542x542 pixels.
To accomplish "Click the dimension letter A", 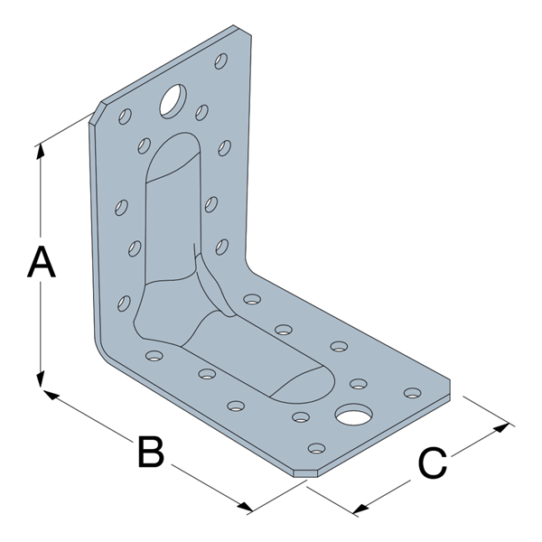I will tap(42, 263).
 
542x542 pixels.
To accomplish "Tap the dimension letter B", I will tap(150, 452).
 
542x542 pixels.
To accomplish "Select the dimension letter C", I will tap(432, 464).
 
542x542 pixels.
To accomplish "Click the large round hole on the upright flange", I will tap(172, 101).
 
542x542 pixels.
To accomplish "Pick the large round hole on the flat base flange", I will tap(353, 415).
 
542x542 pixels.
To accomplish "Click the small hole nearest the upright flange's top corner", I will tap(220, 61).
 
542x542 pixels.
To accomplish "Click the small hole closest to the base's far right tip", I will tap(412, 393).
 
